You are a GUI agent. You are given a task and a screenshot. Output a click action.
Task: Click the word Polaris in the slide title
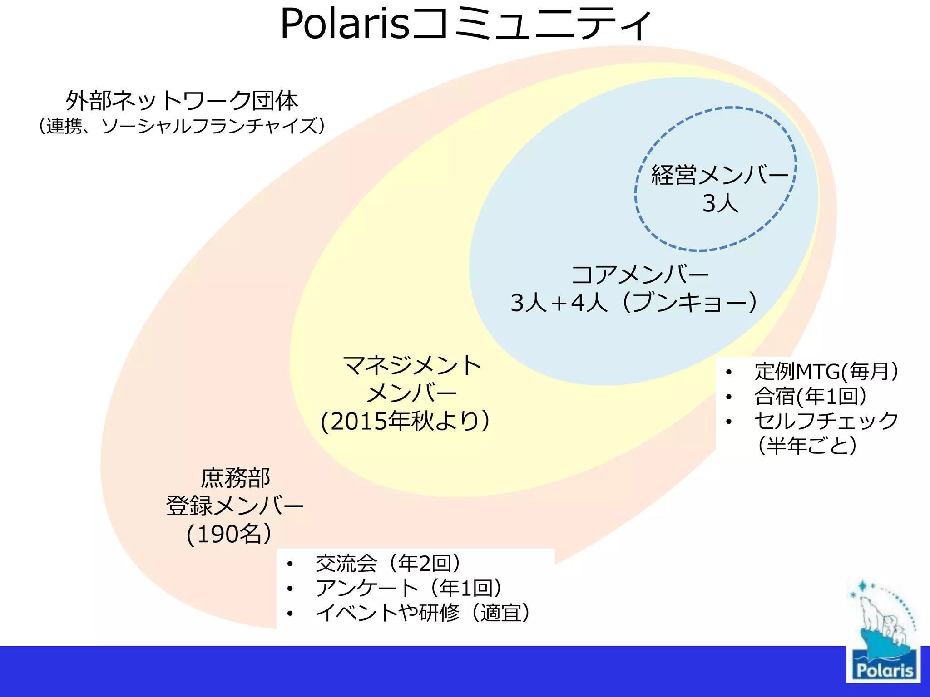[x=345, y=25]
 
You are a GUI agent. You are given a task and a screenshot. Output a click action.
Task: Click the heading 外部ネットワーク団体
[x=182, y=101]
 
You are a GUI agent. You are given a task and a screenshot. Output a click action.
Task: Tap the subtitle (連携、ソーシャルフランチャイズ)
[x=182, y=126]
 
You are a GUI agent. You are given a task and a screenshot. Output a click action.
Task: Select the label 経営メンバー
[x=720, y=175]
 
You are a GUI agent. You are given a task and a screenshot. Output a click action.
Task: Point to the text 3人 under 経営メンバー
[x=720, y=203]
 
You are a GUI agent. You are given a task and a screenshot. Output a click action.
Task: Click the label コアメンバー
[x=639, y=275]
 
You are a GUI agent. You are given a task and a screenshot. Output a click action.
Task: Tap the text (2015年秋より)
[x=405, y=421]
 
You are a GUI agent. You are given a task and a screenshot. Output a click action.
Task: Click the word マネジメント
[x=412, y=366]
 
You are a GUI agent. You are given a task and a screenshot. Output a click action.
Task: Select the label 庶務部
[x=235, y=478]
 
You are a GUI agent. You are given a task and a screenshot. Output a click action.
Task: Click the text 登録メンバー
[x=235, y=506]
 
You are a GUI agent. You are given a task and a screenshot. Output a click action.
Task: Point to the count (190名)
[x=229, y=534]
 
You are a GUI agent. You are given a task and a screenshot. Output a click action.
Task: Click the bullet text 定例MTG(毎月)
[x=826, y=372]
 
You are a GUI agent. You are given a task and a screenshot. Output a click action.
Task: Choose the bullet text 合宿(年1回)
[x=810, y=396]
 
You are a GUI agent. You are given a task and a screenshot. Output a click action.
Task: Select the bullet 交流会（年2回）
[x=388, y=564]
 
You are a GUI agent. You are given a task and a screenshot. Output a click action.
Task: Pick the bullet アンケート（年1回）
[x=409, y=589]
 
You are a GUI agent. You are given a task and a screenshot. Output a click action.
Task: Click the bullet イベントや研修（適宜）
[x=423, y=613]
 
